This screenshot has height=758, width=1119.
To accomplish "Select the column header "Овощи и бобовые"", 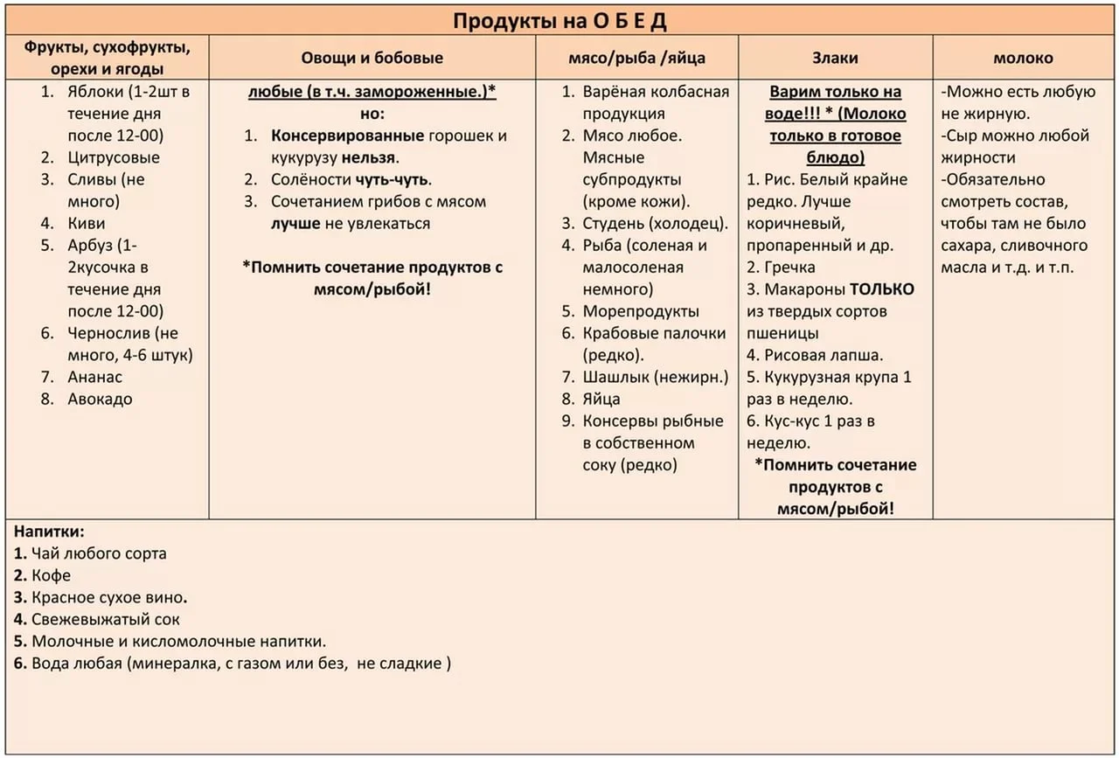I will coord(372,59).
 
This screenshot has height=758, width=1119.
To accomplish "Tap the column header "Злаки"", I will coord(836,59).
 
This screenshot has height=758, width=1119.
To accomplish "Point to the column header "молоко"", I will coord(1023,59).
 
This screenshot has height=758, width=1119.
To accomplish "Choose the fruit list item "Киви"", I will coord(87,224).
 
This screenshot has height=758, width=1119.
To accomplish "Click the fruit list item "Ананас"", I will coord(95,377).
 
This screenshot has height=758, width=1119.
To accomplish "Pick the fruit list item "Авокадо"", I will coord(101,400).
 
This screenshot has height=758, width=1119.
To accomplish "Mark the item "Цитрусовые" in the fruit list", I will coord(114,158).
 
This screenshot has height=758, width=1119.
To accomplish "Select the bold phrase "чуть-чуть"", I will coord(393,180).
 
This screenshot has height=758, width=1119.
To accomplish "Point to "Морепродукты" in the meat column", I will coord(641,311).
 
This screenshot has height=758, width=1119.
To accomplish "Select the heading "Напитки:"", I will coord(49,532).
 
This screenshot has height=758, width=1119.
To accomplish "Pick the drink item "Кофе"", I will coord(52,576).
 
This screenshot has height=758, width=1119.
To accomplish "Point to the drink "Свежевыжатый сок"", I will coord(106,620).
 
